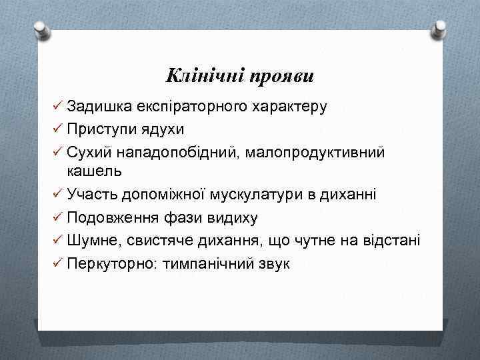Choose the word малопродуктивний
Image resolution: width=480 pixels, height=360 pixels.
(x=315, y=152)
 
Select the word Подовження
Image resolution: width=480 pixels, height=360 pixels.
(x=106, y=217)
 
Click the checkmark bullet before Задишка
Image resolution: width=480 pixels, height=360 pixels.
(x=55, y=107)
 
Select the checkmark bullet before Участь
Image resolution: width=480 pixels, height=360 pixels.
(x=55, y=194)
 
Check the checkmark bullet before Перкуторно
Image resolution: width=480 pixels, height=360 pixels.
(x=55, y=263)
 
